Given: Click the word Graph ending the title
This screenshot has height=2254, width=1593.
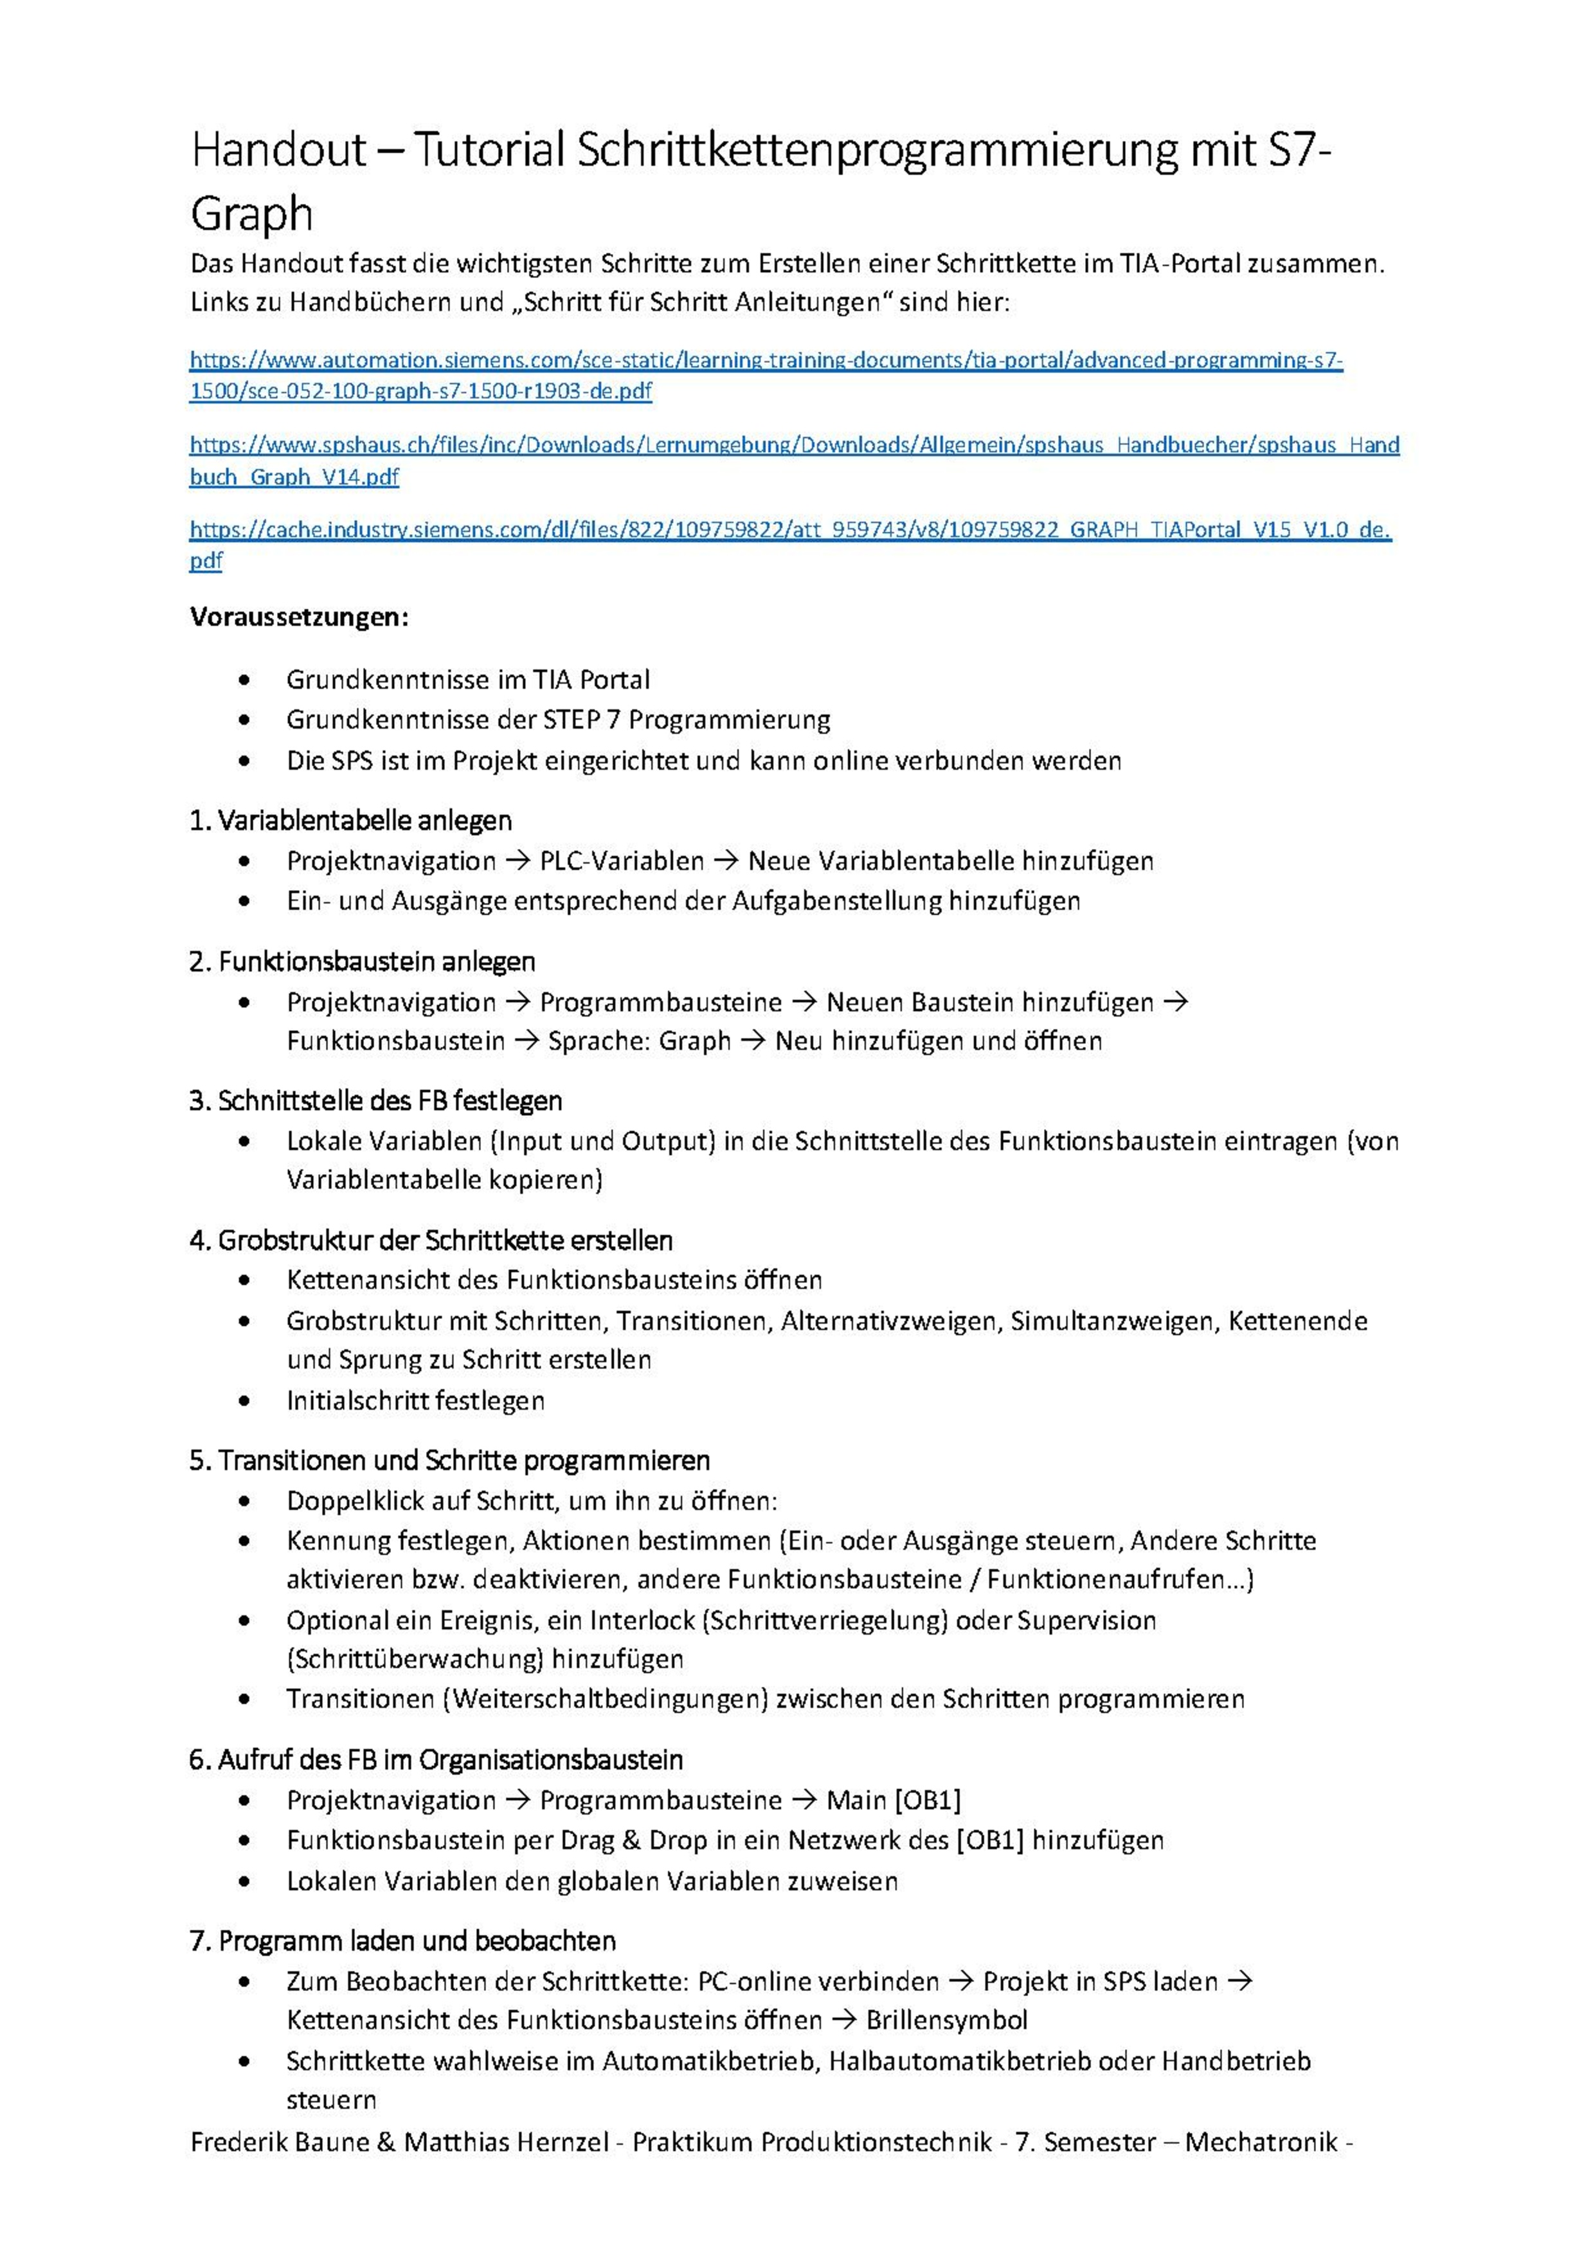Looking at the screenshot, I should tap(251, 214).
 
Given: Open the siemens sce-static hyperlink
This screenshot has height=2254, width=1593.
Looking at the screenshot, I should tap(766, 360).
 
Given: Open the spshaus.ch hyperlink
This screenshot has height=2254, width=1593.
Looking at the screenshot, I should tap(793, 446).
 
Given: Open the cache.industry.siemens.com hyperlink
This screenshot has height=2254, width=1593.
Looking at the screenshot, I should tap(790, 530).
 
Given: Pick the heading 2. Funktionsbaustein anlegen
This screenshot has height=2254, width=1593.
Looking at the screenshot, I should tap(362, 961).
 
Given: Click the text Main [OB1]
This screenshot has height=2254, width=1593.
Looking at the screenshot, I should tap(893, 1801).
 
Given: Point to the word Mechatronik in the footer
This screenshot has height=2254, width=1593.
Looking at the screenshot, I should tap(1261, 2142).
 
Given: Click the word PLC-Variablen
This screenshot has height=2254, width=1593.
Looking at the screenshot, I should tap(621, 862).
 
